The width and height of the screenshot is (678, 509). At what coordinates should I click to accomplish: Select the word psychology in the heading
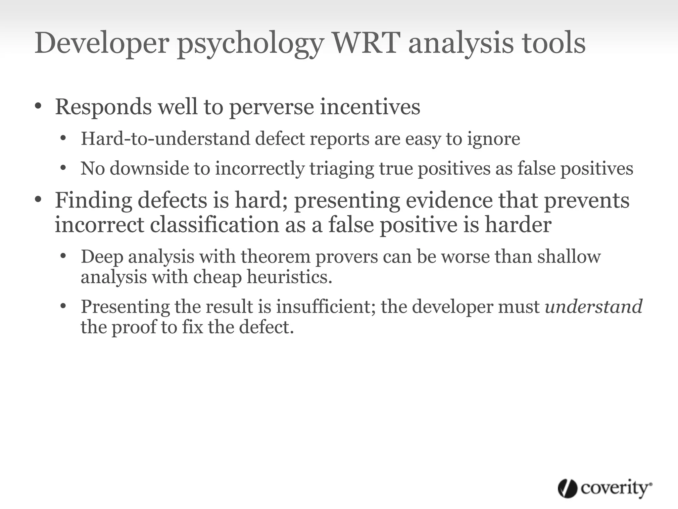point(250,45)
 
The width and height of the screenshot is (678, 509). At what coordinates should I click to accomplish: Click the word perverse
point(271,108)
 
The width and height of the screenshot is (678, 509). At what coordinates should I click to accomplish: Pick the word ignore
point(494,139)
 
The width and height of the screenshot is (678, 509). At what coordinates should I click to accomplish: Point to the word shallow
point(569,256)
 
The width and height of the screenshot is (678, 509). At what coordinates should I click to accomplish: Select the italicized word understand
point(594,306)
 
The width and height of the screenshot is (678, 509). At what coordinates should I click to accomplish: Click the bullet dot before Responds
point(38,106)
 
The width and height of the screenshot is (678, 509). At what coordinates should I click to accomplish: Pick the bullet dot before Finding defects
point(38,200)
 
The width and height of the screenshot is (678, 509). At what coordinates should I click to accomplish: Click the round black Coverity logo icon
point(567,488)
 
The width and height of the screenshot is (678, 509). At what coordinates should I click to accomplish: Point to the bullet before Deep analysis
point(64,256)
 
